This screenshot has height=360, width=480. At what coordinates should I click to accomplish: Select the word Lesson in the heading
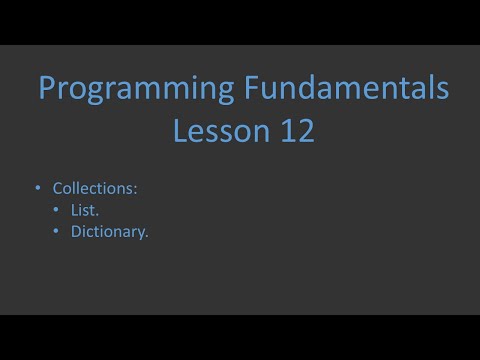point(216,130)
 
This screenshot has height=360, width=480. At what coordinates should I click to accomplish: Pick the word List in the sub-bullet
point(85,210)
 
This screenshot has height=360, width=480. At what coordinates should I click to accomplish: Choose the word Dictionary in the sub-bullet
point(109,233)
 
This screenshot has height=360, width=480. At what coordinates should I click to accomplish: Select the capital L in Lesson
point(182,130)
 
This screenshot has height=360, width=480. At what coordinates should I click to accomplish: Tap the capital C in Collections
point(57,187)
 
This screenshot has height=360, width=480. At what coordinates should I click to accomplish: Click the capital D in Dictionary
point(76,232)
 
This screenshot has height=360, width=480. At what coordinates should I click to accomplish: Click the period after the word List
point(97,214)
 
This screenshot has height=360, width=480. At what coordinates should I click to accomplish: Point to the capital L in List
point(74,210)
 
